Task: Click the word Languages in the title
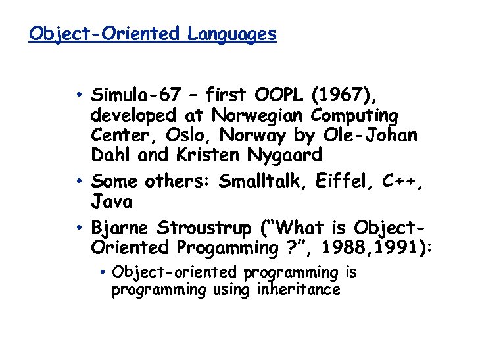point(231,34)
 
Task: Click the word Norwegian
point(258,115)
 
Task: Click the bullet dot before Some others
point(78,180)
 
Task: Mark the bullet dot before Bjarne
point(78,228)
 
